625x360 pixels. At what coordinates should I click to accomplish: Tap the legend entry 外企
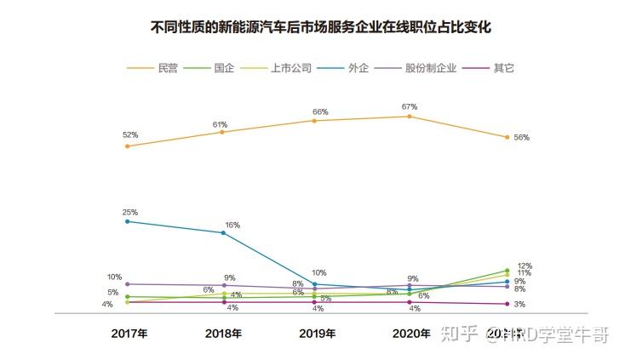[358, 67]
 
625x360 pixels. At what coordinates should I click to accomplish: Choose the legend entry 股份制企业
[430, 67]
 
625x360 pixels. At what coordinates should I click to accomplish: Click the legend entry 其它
[503, 67]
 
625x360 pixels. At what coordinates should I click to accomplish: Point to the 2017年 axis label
[129, 334]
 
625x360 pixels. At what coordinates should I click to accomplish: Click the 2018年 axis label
[223, 334]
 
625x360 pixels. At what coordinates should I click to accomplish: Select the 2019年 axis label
[317, 334]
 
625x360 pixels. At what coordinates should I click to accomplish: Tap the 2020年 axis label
[411, 334]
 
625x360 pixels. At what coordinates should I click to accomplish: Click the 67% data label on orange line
[409, 106]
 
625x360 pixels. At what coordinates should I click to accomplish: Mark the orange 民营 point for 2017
[128, 146]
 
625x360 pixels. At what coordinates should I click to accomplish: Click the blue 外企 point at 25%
[128, 221]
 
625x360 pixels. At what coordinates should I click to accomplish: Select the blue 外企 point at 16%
[223, 232]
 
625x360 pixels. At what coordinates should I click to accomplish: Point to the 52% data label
[129, 134]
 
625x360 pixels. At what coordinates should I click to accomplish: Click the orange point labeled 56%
[507, 137]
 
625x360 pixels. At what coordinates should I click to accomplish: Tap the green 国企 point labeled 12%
[507, 271]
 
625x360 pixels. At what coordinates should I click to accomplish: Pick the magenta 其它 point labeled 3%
[507, 304]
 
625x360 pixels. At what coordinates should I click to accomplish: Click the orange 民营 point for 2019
[315, 121]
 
